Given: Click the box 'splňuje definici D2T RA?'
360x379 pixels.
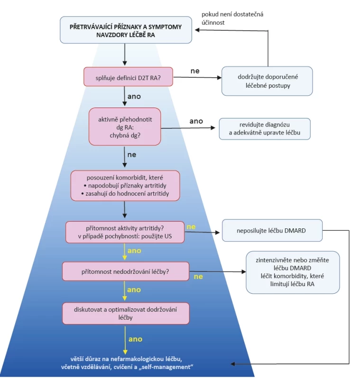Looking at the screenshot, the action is click(x=128, y=77).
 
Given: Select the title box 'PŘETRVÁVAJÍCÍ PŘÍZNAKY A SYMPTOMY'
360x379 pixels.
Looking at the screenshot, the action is click(x=126, y=30).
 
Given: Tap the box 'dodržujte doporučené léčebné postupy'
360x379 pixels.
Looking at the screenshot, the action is click(x=267, y=81).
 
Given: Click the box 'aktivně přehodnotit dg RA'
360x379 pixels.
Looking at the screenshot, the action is click(x=125, y=126).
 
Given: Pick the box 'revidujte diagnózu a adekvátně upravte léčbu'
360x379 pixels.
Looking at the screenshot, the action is click(x=265, y=129).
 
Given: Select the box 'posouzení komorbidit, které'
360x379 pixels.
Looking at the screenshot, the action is click(x=125, y=186).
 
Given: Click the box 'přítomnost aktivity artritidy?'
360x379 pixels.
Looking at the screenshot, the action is click(x=125, y=232).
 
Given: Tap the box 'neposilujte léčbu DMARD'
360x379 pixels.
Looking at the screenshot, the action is click(x=272, y=230).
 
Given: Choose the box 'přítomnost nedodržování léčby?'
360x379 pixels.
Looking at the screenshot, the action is click(x=126, y=271).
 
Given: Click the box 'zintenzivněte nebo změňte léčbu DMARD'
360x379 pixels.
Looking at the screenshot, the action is click(x=293, y=272).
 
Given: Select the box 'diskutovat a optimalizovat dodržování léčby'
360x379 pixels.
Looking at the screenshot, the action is click(x=126, y=313).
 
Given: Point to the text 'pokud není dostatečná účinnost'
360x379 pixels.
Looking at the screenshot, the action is click(x=232, y=18).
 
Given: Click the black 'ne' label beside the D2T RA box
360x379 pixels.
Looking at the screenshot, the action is click(x=195, y=71).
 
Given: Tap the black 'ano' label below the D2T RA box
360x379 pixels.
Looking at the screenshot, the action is click(x=134, y=97).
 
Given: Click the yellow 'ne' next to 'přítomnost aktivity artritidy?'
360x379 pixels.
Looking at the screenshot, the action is click(x=191, y=227).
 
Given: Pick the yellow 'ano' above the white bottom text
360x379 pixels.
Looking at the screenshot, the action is click(x=136, y=339).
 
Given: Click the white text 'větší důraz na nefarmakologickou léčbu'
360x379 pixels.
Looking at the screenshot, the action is click(x=126, y=359).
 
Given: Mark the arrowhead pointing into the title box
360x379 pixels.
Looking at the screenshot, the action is click(x=197, y=30).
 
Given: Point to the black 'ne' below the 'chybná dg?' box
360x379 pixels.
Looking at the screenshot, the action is click(x=132, y=155).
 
